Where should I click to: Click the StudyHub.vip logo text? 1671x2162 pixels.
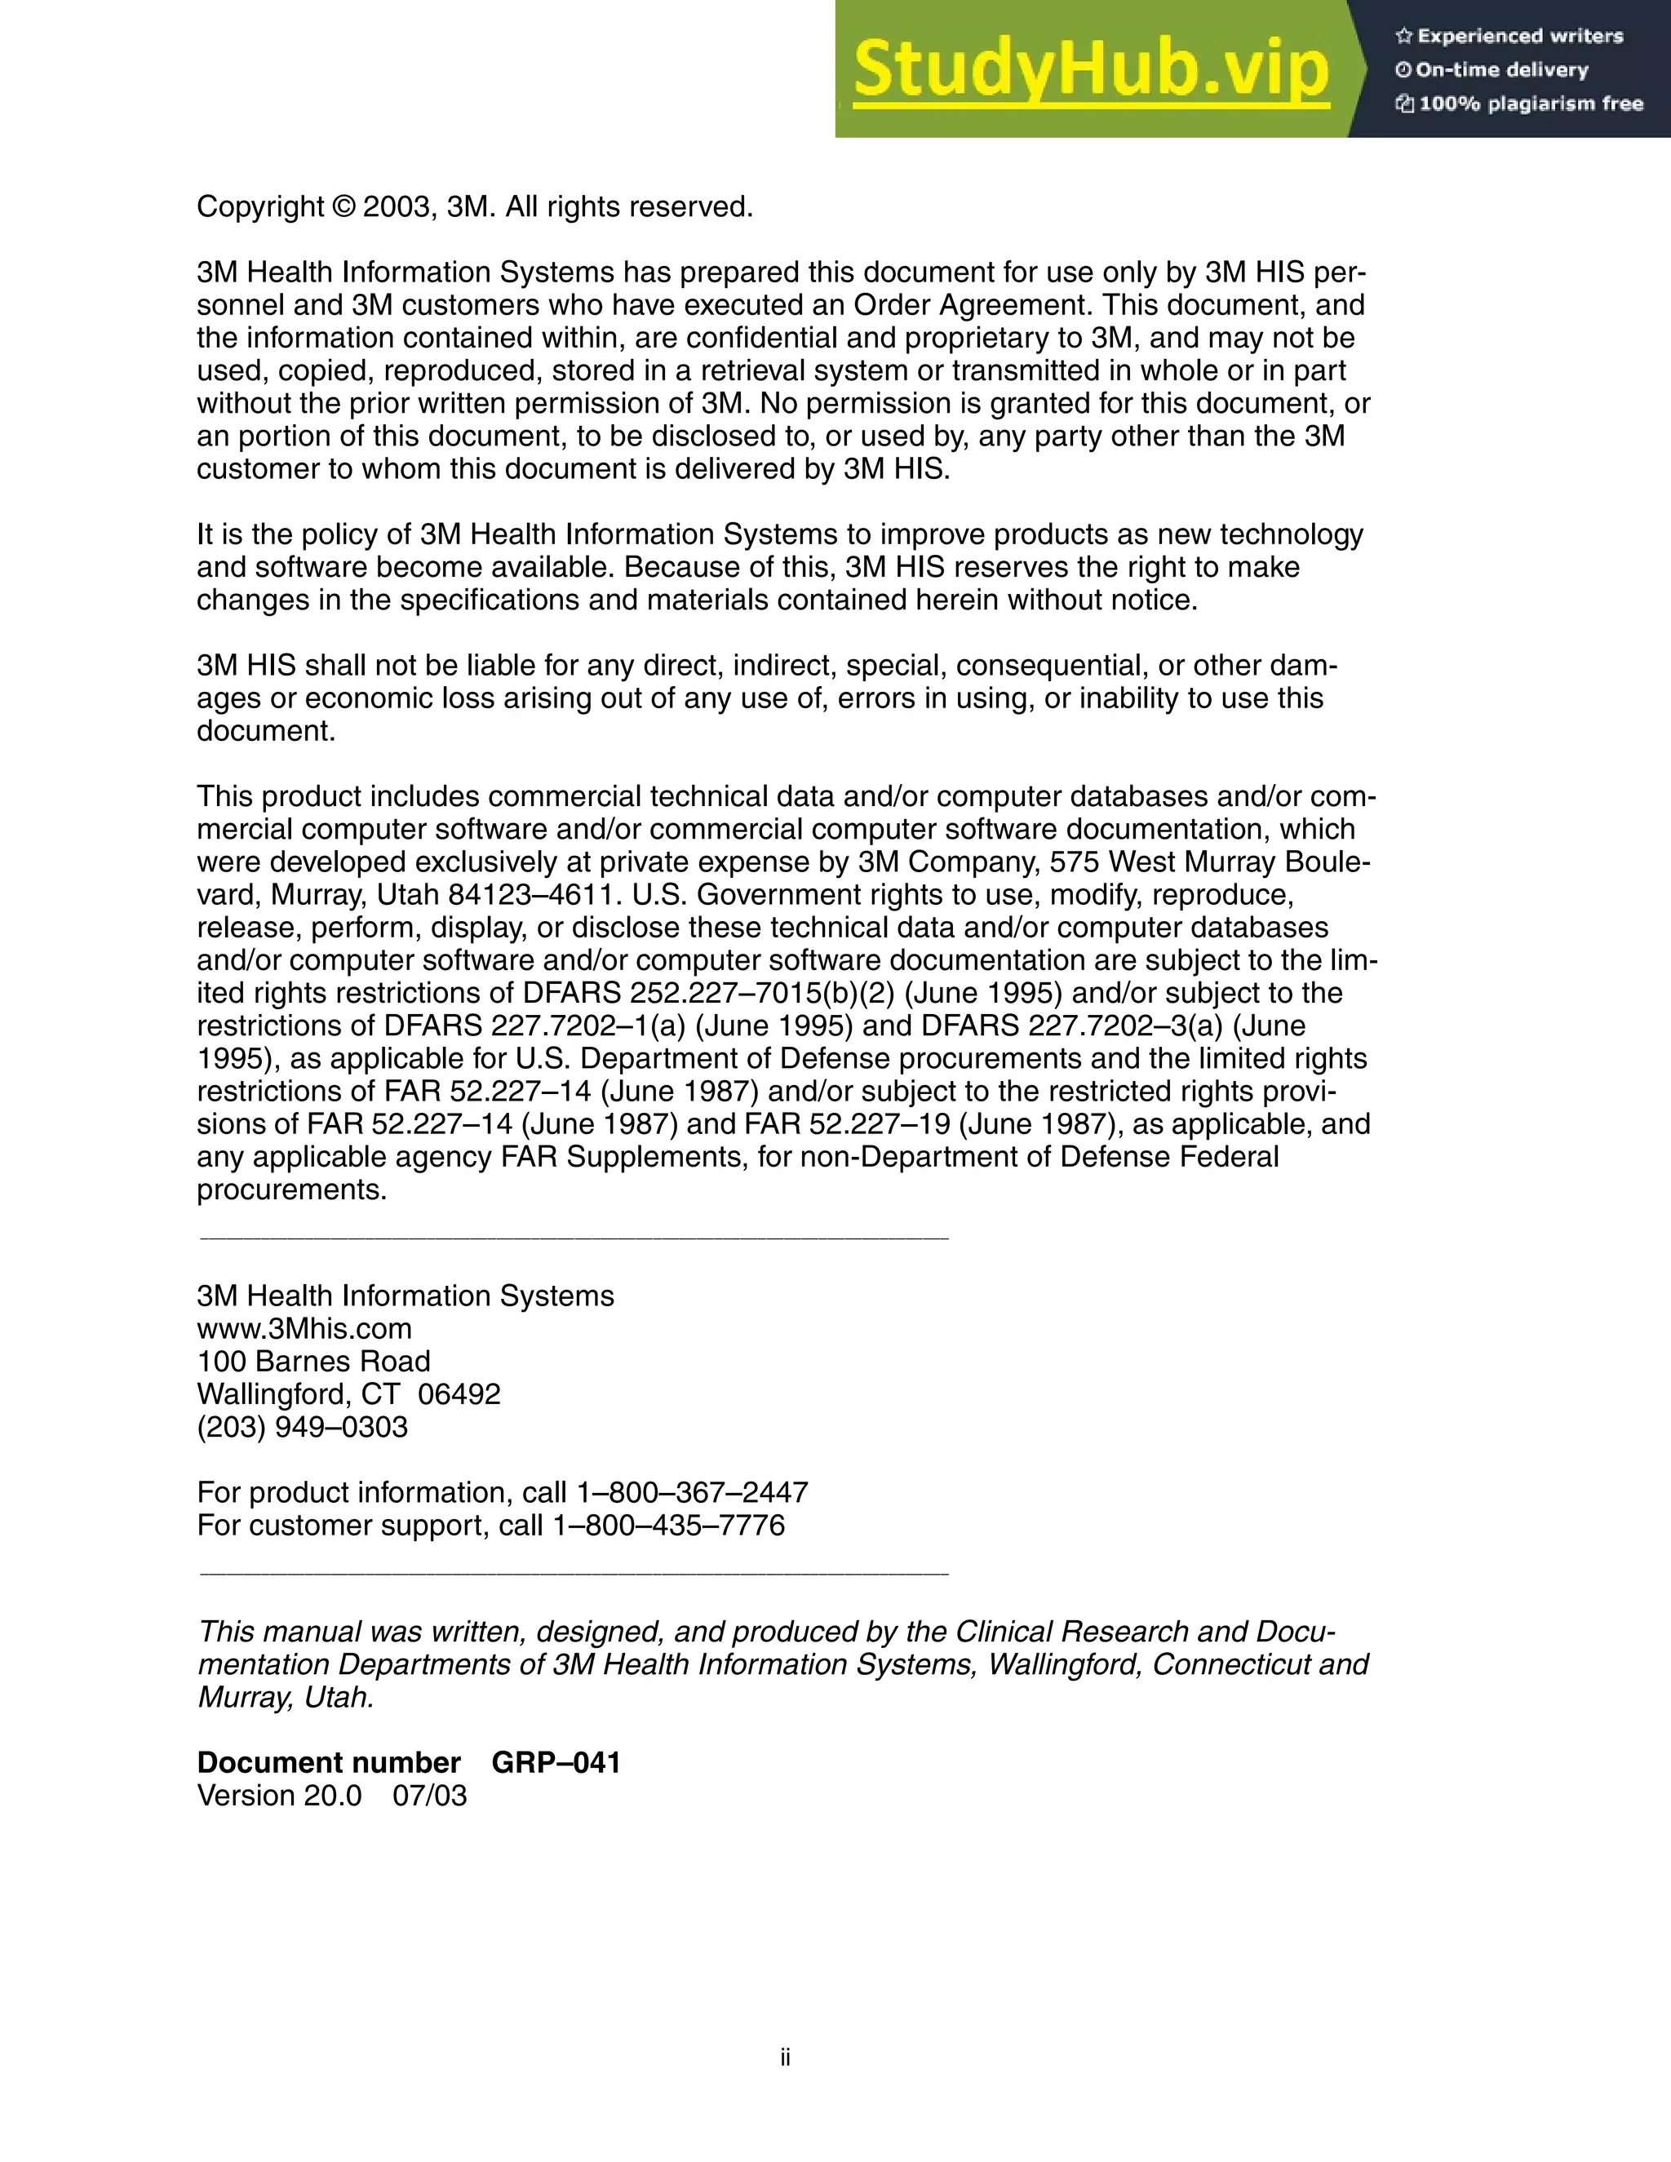pyautogui.click(x=1090, y=69)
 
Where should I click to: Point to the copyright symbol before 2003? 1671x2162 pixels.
pyautogui.click(x=344, y=207)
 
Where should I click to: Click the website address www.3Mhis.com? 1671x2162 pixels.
pyautogui.click(x=304, y=1328)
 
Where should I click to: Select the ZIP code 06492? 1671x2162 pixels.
pyautogui.click(x=459, y=1393)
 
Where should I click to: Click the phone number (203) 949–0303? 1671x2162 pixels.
pyautogui.click(x=302, y=1426)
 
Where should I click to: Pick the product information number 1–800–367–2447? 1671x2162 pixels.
pyautogui.click(x=692, y=1492)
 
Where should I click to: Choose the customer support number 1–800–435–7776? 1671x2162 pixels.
pyautogui.click(x=668, y=1525)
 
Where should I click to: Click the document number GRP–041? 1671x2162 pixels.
pyautogui.click(x=556, y=1762)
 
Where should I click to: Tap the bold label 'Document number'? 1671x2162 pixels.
pyautogui.click(x=329, y=1762)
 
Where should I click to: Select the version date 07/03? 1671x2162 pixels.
pyautogui.click(x=430, y=1795)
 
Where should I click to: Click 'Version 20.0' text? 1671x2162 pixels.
pyautogui.click(x=279, y=1795)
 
